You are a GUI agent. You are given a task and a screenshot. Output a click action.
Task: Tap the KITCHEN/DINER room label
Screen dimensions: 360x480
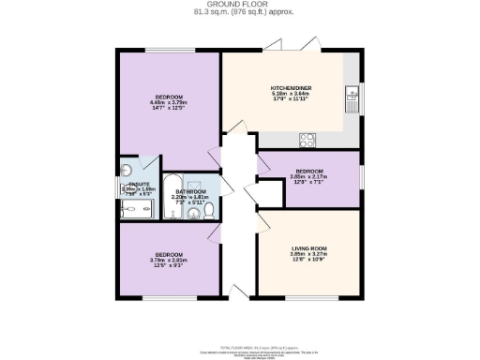(291, 87)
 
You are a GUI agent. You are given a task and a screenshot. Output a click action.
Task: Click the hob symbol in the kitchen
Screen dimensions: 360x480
(307, 140)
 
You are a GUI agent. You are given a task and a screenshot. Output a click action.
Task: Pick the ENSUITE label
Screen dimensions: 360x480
(139, 183)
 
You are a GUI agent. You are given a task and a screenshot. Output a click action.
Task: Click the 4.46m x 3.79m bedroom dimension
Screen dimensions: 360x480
(169, 104)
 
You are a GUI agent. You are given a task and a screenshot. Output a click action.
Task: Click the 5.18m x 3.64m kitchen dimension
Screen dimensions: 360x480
(291, 94)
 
